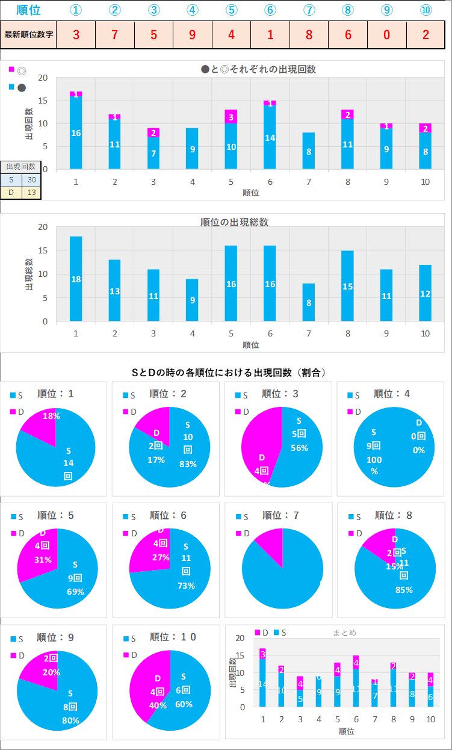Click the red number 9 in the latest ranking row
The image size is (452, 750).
click(x=193, y=34)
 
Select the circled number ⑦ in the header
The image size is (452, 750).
click(x=309, y=10)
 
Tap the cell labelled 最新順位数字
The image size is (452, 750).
click(x=29, y=34)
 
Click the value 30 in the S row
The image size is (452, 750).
click(x=31, y=179)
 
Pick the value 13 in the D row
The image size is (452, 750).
click(x=31, y=192)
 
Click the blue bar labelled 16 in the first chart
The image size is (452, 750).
click(x=76, y=133)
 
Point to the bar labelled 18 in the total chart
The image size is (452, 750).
click(x=76, y=279)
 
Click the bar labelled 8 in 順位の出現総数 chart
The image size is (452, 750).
click(x=309, y=302)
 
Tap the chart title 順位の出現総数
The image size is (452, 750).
click(x=234, y=222)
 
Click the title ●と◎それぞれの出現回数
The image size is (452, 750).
click(x=258, y=69)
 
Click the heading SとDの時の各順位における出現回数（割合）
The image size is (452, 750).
click(x=229, y=373)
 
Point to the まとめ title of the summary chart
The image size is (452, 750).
click(x=344, y=633)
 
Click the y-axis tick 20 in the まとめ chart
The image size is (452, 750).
click(x=240, y=638)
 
